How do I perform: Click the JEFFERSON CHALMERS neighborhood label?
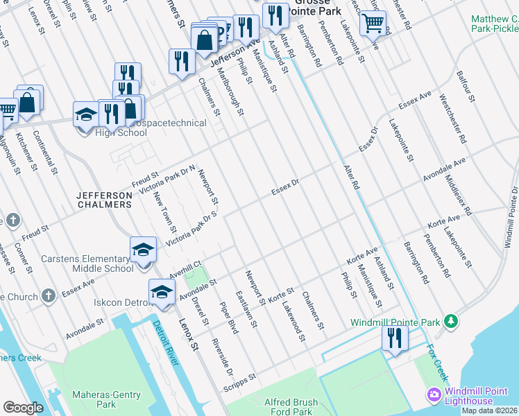tap(104, 200)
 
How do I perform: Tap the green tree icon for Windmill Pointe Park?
tap(452, 321)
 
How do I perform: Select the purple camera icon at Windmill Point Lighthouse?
tap(434, 395)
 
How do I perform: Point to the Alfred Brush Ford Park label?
tap(291, 406)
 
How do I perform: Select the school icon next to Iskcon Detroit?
tap(161, 291)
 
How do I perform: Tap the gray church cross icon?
tap(48, 296)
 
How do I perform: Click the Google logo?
tap(23, 407)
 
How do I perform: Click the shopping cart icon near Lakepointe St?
tap(373, 24)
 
